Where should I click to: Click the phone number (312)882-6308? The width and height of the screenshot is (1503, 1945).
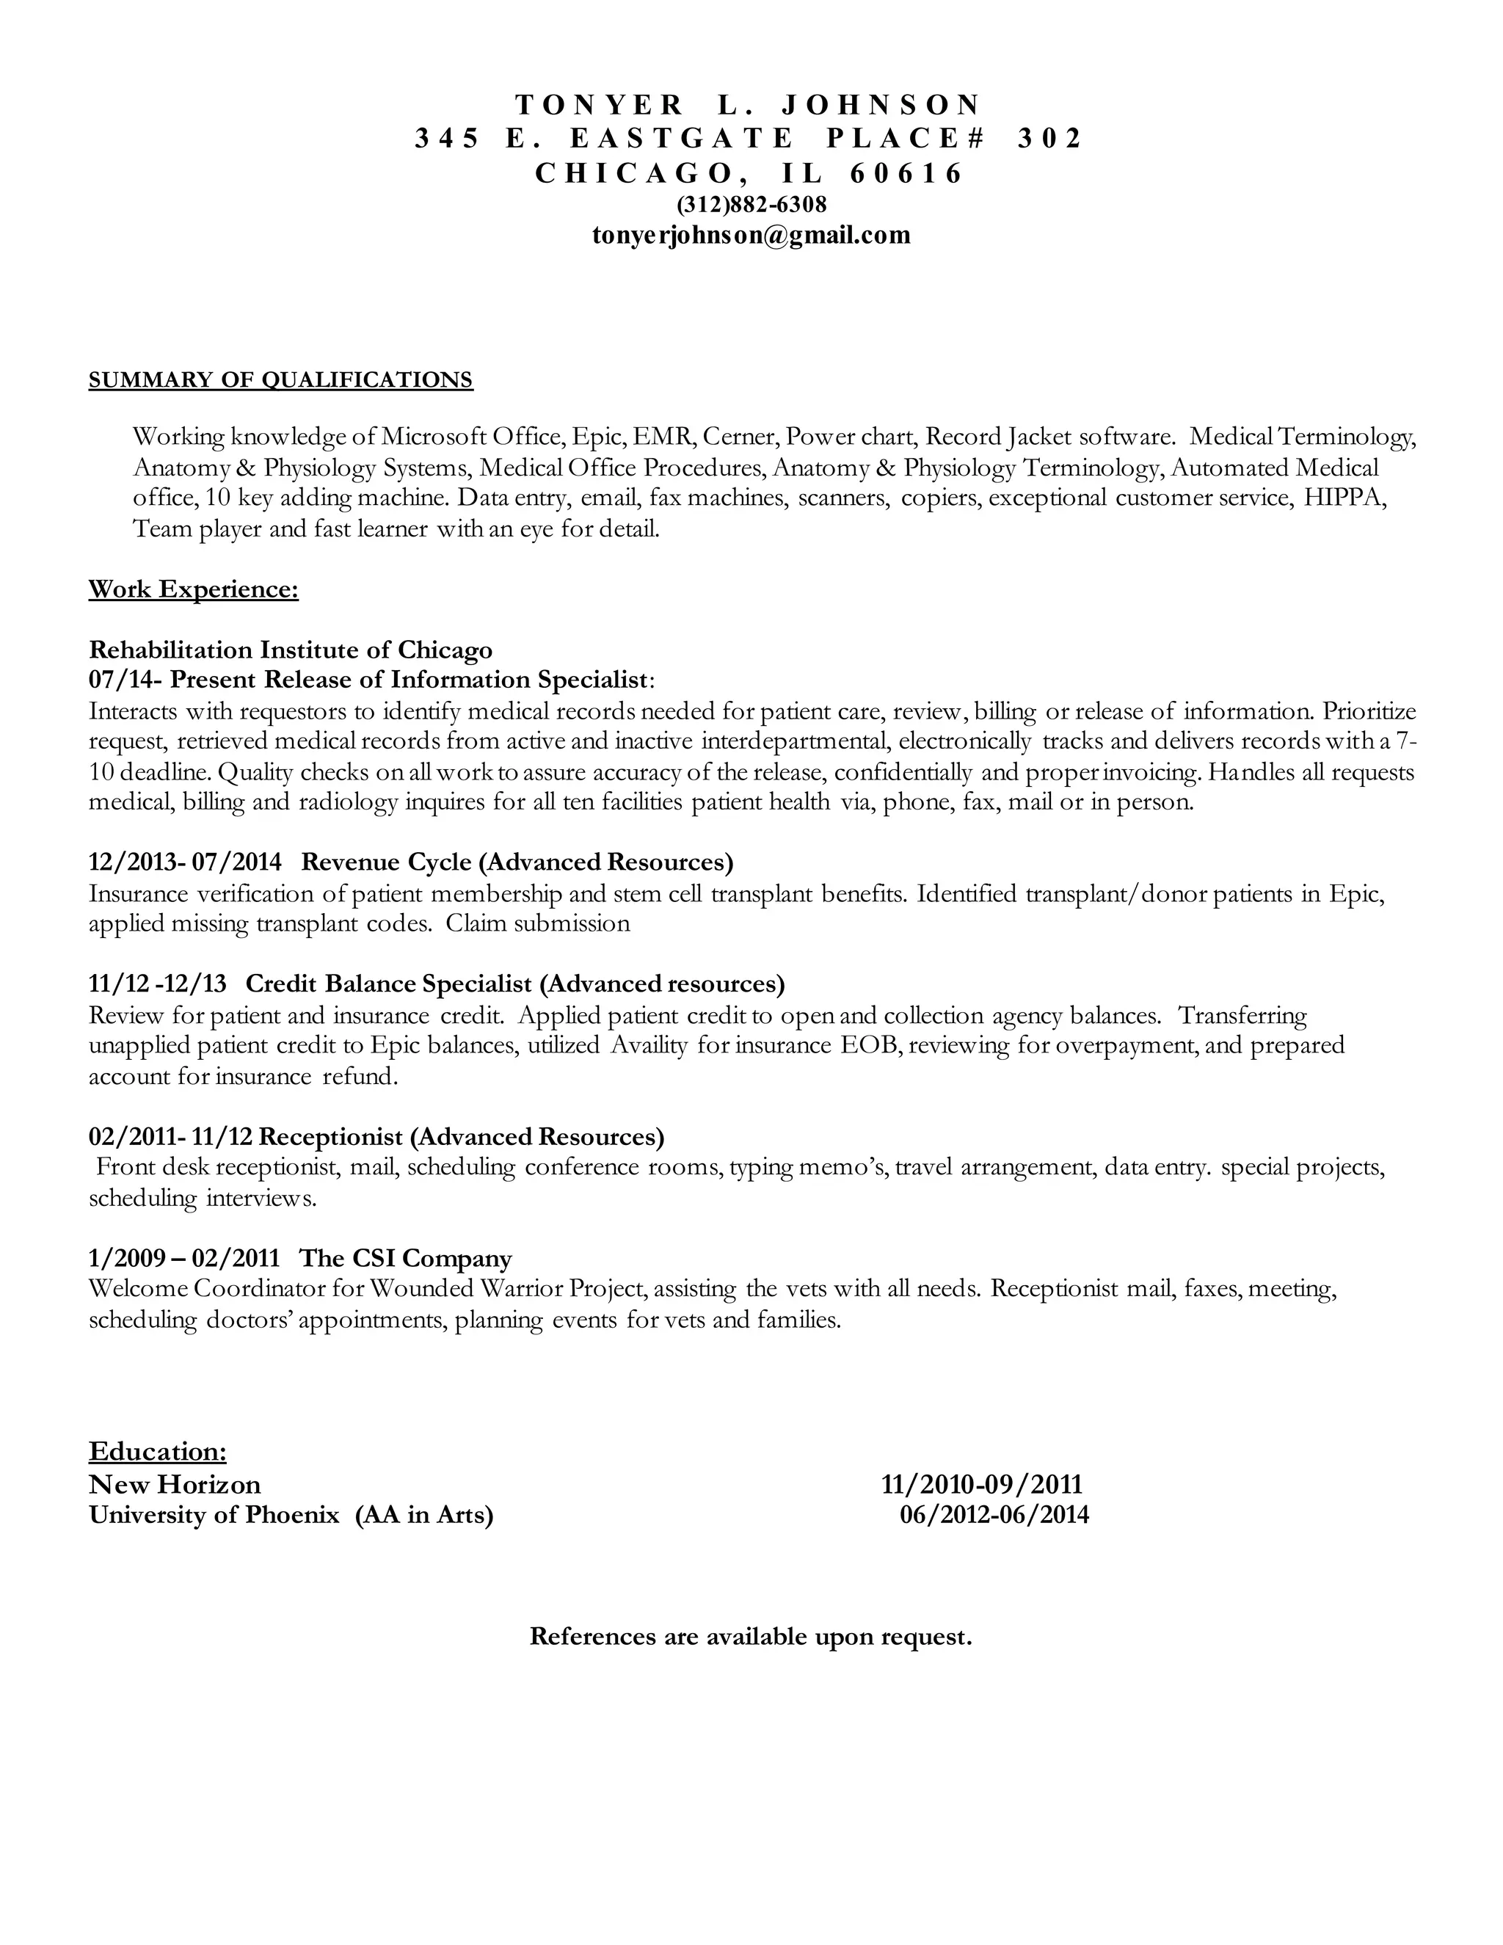[x=751, y=205]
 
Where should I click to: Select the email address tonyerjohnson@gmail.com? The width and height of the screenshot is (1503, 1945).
[x=751, y=235]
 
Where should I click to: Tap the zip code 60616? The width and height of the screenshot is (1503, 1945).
[x=906, y=172]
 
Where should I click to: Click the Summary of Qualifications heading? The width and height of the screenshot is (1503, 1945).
[x=280, y=380]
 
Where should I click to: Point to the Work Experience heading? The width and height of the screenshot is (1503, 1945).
[x=193, y=589]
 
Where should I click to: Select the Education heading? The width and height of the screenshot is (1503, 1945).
[x=158, y=1452]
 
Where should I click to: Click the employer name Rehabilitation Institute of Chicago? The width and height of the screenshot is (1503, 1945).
[x=291, y=650]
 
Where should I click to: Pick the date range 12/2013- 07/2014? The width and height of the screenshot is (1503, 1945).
[x=185, y=862]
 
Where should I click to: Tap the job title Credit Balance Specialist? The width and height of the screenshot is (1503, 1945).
[x=388, y=984]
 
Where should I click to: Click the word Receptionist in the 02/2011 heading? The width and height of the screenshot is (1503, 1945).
[x=330, y=1137]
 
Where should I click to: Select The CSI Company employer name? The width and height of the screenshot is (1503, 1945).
[x=405, y=1258]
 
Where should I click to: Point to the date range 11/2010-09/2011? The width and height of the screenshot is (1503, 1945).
[x=981, y=1485]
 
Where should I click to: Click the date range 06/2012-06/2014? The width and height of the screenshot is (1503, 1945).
[x=994, y=1515]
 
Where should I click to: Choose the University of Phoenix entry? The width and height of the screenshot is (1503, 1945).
[x=214, y=1515]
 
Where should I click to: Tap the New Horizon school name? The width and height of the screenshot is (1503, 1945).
[x=175, y=1485]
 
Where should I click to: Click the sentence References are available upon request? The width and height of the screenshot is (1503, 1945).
[x=751, y=1637]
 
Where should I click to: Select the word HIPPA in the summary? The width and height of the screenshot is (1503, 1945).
[x=1344, y=498]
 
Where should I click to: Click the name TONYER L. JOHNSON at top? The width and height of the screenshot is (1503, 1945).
[x=748, y=105]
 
